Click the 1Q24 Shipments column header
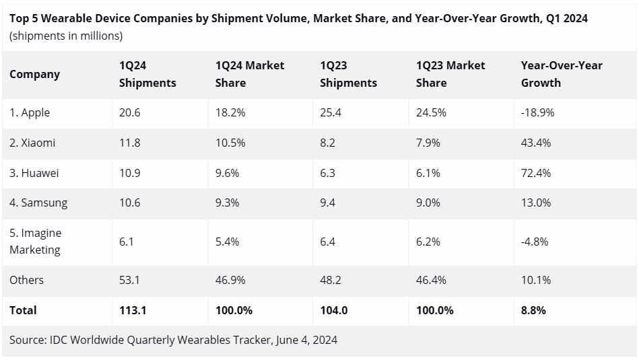click(x=147, y=74)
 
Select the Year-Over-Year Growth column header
click(x=562, y=74)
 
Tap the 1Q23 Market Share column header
click(x=450, y=74)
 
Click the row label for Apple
click(x=30, y=112)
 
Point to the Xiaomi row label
click(x=32, y=143)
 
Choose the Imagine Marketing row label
click(x=35, y=241)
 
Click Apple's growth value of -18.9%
click(x=537, y=112)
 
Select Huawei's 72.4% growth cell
click(x=536, y=173)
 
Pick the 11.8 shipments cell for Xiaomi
click(x=129, y=143)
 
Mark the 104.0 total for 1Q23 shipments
click(x=334, y=310)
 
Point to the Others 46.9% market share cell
click(x=230, y=280)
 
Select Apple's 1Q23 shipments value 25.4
click(x=331, y=112)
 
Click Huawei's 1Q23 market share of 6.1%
click(x=428, y=173)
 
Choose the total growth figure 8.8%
click(x=533, y=310)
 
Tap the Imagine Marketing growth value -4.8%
click(x=535, y=241)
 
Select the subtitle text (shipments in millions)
click(x=66, y=36)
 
